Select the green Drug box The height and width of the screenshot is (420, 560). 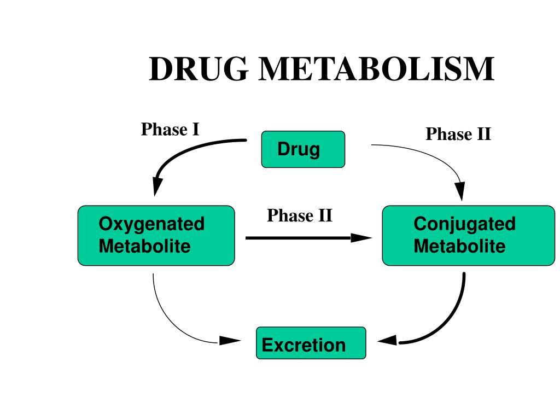click(x=303, y=149)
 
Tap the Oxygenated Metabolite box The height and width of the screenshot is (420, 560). click(x=156, y=235)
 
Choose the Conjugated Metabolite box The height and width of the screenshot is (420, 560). click(x=468, y=235)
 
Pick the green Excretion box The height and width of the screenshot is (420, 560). click(x=311, y=343)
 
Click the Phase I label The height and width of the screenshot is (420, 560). click(x=170, y=130)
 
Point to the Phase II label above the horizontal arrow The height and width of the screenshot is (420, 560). click(x=300, y=215)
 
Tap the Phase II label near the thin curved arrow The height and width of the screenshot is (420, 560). click(x=458, y=134)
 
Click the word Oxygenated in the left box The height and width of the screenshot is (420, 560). click(x=151, y=224)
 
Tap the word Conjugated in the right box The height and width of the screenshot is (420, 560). click(x=464, y=224)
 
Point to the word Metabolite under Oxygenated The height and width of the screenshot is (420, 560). click(x=144, y=246)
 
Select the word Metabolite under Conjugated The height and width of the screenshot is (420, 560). click(x=459, y=246)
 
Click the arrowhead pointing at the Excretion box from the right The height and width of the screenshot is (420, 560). click(x=387, y=341)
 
